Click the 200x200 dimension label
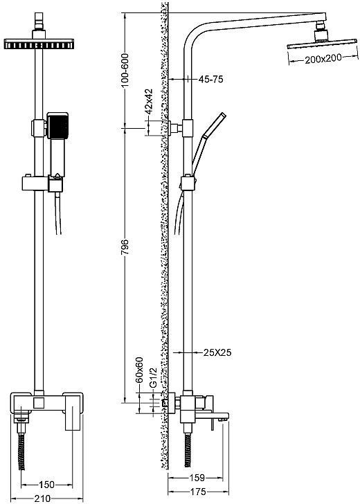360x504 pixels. tap(323, 58)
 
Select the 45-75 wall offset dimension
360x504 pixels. tap(211, 79)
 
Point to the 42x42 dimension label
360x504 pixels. tap(149, 101)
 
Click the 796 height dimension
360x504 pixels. tap(125, 247)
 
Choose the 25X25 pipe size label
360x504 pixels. tap(217, 352)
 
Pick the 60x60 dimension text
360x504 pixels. tap(140, 370)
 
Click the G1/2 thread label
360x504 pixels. tap(153, 378)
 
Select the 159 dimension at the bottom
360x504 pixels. tap(197, 478)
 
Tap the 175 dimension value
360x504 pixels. tap(198, 492)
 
